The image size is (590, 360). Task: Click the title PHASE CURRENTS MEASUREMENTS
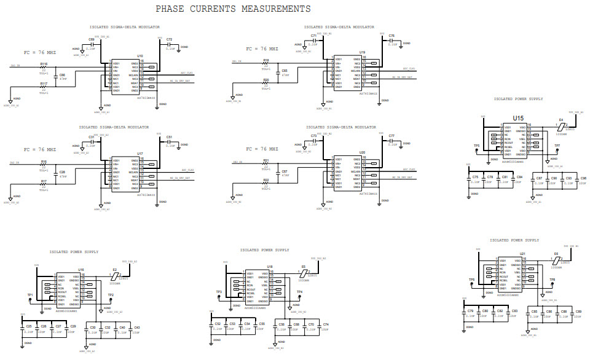[x=232, y=9]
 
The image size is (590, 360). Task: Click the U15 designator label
[x=518, y=118]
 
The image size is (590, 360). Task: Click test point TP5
[x=477, y=151]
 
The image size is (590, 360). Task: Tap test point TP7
[x=557, y=151]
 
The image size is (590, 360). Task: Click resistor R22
[x=265, y=184]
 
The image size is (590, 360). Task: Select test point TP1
[x=31, y=300]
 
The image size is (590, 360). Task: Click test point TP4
[x=299, y=297]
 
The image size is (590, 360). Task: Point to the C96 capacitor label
[x=583, y=178]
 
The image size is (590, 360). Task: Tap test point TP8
[x=552, y=284]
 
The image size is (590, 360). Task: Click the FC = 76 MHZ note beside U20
[x=262, y=149]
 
